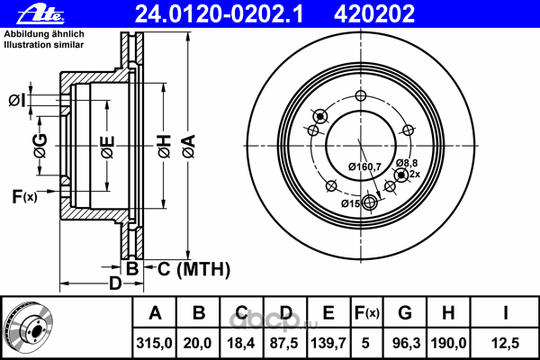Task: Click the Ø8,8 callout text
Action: [x=408, y=162]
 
